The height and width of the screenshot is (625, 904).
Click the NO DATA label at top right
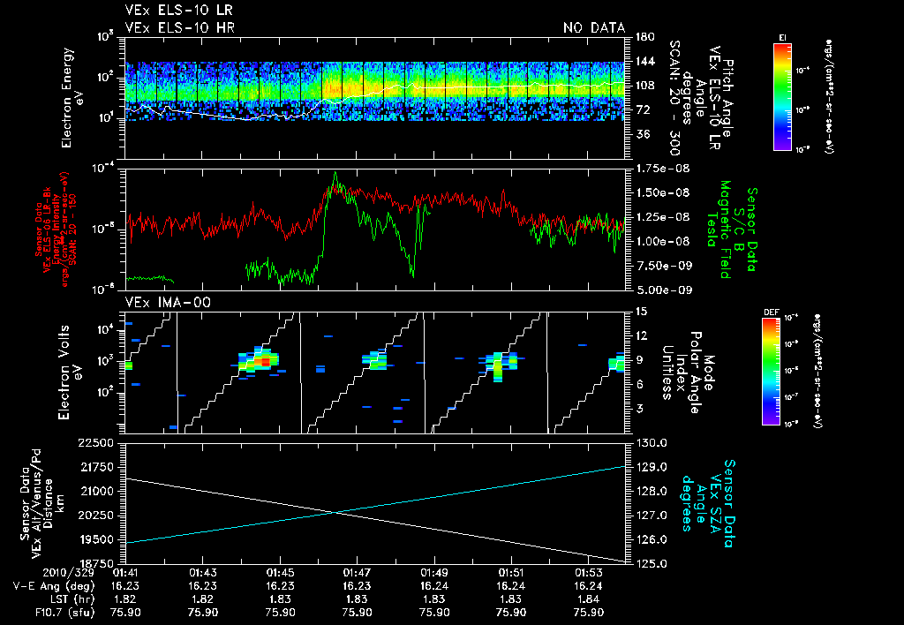(x=594, y=27)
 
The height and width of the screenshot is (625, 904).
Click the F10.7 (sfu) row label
(x=38, y=613)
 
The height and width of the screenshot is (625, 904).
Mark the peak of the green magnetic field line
(x=335, y=174)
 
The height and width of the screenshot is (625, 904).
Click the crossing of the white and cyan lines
(x=336, y=512)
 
